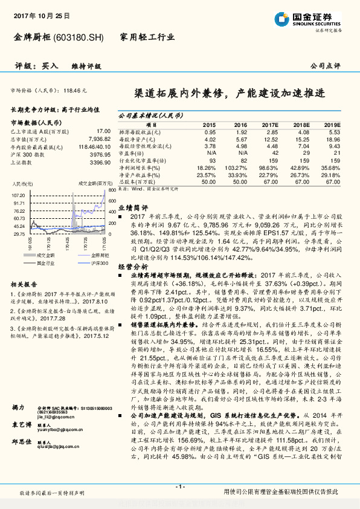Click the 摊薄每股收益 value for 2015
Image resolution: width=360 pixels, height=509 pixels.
coord(210,132)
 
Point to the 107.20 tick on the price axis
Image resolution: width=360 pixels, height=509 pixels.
coord(18,195)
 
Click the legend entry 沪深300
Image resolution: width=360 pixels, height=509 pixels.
coord(99,264)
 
